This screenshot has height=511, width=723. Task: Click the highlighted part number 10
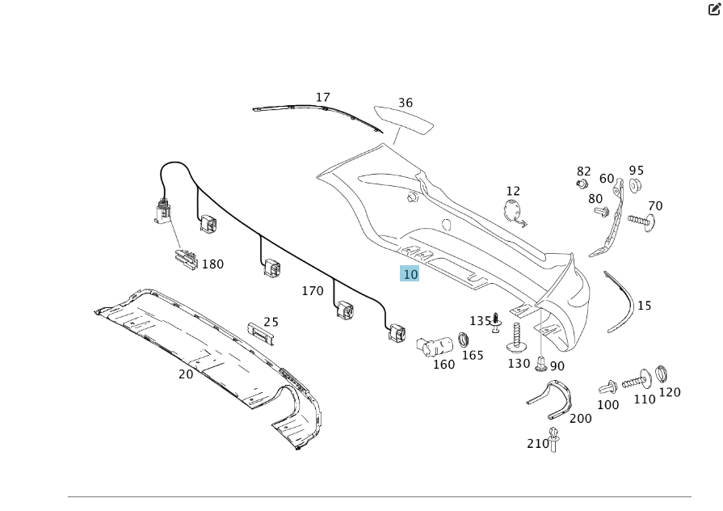coord(410,274)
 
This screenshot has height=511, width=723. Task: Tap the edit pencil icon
coord(714,10)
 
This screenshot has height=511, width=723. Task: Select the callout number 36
coord(405,103)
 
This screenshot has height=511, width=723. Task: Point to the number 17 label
coord(322,98)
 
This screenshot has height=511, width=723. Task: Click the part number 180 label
coord(212,264)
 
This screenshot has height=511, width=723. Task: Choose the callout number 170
coord(313,290)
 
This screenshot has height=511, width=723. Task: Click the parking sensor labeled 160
coord(431,346)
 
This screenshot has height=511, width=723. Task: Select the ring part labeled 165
coord(464,338)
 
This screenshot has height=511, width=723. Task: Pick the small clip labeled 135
coord(496,322)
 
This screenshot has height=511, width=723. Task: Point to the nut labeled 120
coord(661,374)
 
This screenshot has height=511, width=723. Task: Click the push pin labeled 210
coord(554,439)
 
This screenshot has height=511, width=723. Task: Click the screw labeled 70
coord(641,219)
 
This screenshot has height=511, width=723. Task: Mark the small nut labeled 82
coord(581,184)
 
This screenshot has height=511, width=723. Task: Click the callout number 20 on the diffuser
coord(186,374)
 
